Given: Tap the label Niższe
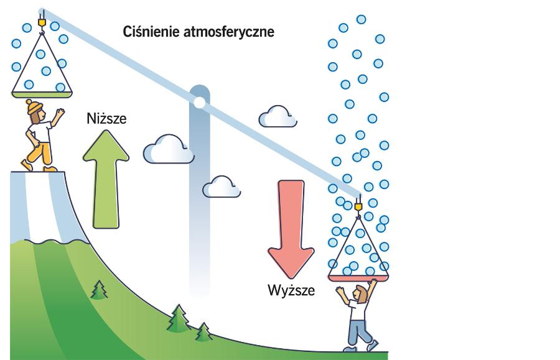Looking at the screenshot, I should [x=106, y=118].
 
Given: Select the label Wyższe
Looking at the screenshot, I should [x=291, y=290].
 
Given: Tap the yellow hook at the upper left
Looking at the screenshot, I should [x=42, y=22].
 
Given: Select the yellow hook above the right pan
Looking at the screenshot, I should [x=358, y=205].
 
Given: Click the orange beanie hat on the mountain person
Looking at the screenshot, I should [x=35, y=106].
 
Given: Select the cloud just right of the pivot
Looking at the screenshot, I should [x=276, y=117].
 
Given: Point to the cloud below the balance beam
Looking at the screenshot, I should [x=221, y=186].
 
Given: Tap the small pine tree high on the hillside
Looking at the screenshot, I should [x=98, y=289].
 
